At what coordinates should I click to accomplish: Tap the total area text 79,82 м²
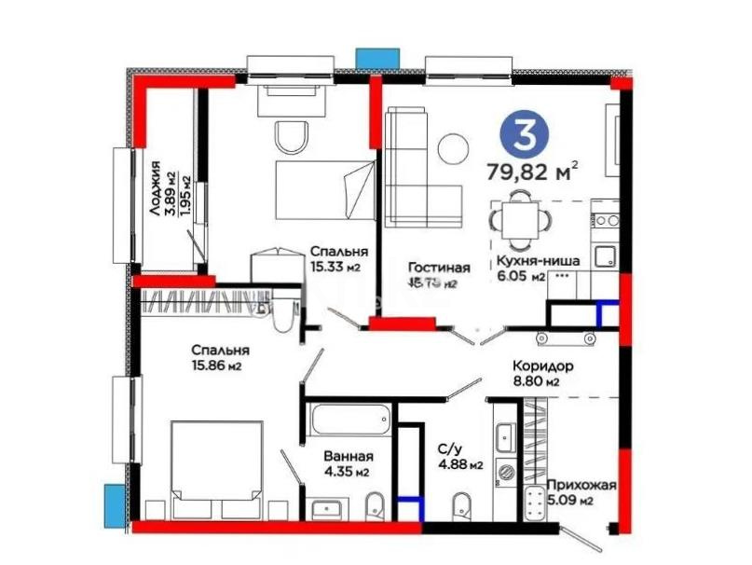point(532,171)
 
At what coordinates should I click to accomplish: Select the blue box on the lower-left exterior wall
point(116,504)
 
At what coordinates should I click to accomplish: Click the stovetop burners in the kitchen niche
point(608,221)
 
